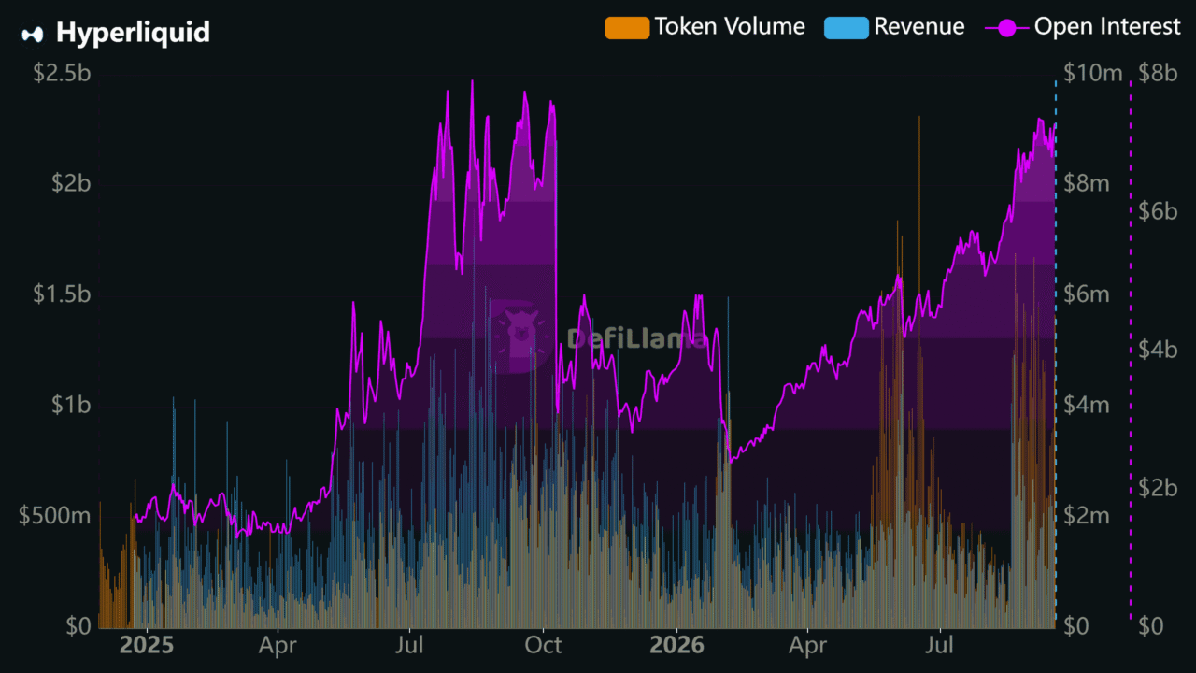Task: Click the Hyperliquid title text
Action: [x=133, y=33]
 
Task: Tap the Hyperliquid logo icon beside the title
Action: [x=32, y=35]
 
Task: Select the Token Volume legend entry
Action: [x=705, y=27]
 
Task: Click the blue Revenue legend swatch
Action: [x=847, y=28]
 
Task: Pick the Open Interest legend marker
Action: [x=1007, y=28]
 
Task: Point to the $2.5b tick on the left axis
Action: [x=62, y=73]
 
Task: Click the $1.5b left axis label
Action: [x=62, y=294]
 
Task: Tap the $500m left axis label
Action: [x=54, y=516]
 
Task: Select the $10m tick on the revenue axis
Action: [x=1093, y=73]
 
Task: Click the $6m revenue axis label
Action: [x=1087, y=294]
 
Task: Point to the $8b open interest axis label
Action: [x=1158, y=73]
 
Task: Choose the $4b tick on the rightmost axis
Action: [x=1158, y=350]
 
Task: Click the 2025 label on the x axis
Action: [x=147, y=646]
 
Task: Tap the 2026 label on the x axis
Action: [x=676, y=646]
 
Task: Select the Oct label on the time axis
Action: [x=543, y=646]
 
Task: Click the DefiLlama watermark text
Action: [x=636, y=338]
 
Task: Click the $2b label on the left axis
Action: [x=71, y=184]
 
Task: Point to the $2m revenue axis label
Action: [x=1087, y=516]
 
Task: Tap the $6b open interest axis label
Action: [x=1158, y=211]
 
